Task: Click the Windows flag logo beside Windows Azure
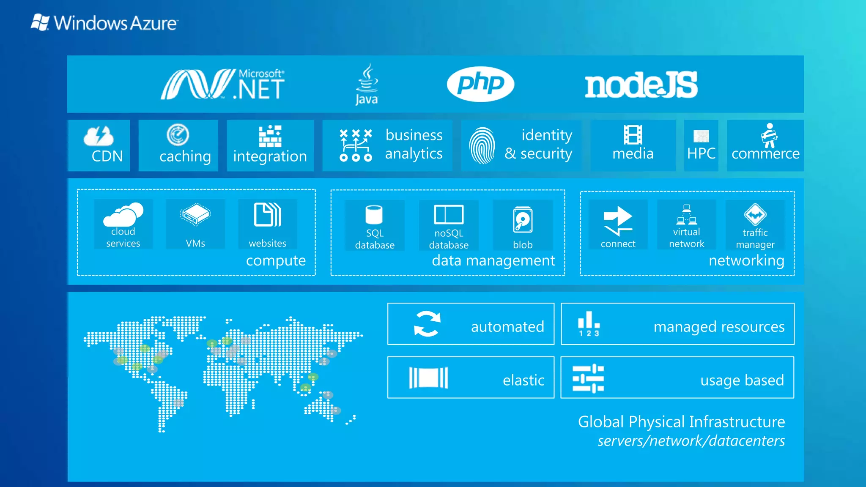[41, 22]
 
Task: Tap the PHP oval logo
[480, 84]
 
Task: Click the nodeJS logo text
[641, 85]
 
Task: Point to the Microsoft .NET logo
[223, 85]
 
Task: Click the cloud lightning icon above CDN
[99, 136]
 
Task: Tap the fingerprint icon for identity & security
[482, 145]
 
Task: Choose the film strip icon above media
[633, 135]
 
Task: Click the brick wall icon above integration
[270, 136]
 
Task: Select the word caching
[185, 156]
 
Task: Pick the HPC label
[701, 153]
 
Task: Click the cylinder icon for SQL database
[374, 215]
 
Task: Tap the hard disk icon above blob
[523, 220]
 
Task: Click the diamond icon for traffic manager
[755, 215]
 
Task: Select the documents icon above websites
[268, 215]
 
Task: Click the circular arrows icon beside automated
[427, 324]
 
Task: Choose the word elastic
[523, 380]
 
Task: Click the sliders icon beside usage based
[588, 378]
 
